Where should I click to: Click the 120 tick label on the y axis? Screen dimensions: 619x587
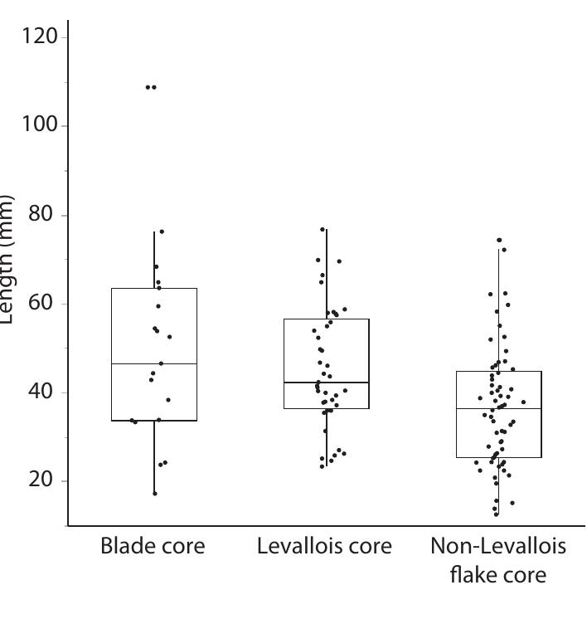point(37,37)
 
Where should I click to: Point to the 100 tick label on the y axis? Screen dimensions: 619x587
point(37,125)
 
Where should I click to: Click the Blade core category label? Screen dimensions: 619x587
point(153,546)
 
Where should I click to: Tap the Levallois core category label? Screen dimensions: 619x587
point(325,546)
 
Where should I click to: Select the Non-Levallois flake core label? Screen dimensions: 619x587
point(498,559)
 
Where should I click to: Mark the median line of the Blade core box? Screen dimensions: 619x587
point(154,363)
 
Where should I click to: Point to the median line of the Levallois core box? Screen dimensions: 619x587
point(326,383)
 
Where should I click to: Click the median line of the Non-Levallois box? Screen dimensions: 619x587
point(498,408)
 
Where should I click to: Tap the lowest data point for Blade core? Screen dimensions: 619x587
point(155,494)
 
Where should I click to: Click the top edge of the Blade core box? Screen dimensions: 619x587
point(154,288)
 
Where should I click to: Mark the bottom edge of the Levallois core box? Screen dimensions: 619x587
point(326,408)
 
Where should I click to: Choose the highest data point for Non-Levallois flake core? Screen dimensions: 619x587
point(499,240)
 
